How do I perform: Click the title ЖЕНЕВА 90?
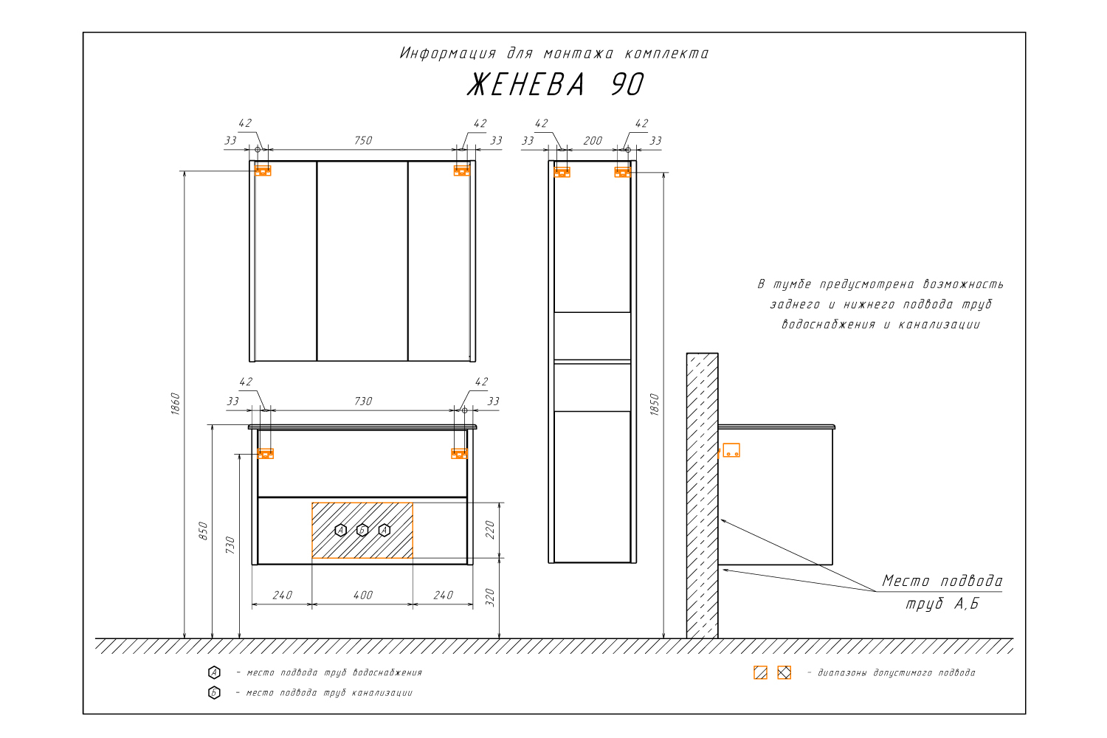(x=556, y=85)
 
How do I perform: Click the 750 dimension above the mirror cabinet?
(x=363, y=141)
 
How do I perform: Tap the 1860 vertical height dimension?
(x=176, y=404)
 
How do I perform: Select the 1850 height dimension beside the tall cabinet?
(x=655, y=405)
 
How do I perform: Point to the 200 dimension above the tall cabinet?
(x=593, y=142)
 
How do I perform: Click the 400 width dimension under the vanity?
(x=363, y=596)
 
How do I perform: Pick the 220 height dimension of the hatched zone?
(x=490, y=530)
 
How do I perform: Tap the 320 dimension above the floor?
(x=490, y=598)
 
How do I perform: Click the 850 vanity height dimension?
(x=203, y=531)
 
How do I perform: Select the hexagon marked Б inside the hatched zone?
(x=362, y=531)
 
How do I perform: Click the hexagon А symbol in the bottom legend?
(x=214, y=672)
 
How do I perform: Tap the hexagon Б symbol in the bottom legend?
(x=214, y=693)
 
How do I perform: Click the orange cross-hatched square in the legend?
(x=784, y=673)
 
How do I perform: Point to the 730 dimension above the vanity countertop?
(x=363, y=401)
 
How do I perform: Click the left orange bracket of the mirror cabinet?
(x=263, y=170)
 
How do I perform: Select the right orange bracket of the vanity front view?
(x=459, y=453)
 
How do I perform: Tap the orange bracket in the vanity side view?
(x=731, y=450)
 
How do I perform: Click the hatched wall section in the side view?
(x=703, y=496)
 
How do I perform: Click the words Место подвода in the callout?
(x=942, y=582)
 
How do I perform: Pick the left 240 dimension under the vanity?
(x=282, y=596)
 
